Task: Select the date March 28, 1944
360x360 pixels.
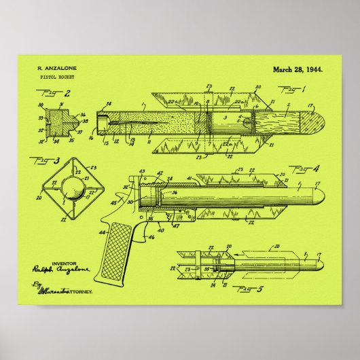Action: [298, 69]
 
